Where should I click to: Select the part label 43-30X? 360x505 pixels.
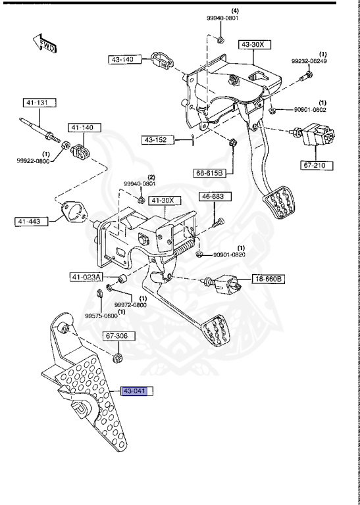253,44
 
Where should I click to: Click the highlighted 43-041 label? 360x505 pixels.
135,391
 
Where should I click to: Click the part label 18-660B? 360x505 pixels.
269,279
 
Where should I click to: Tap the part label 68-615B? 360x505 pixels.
209,173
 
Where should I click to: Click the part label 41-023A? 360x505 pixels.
86,277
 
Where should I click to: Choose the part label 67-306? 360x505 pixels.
119,336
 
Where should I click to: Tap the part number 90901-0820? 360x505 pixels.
230,254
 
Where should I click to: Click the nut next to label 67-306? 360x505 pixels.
118,358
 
